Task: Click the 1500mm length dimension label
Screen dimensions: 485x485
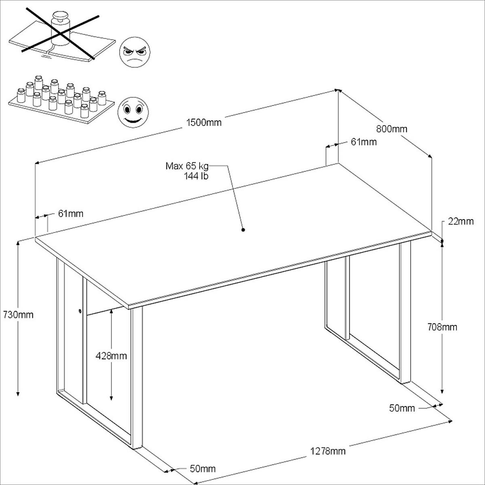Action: (204, 122)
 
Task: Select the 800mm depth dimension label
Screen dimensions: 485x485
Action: (392, 129)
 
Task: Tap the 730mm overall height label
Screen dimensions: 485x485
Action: (18, 314)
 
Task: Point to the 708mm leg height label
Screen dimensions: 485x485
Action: (442, 327)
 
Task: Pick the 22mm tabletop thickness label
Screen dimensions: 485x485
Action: (460, 221)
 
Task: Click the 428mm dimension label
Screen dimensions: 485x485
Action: (111, 356)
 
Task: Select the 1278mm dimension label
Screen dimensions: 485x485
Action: (328, 451)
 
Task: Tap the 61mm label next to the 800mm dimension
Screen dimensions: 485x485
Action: (363, 142)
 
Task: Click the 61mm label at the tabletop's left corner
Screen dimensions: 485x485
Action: (70, 213)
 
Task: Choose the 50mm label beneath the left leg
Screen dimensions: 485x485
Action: (202, 469)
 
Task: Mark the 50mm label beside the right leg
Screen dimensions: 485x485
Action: (402, 408)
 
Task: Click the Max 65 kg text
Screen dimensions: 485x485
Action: (187, 166)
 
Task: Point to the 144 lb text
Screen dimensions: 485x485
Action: (196, 176)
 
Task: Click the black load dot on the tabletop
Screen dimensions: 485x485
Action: (243, 230)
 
